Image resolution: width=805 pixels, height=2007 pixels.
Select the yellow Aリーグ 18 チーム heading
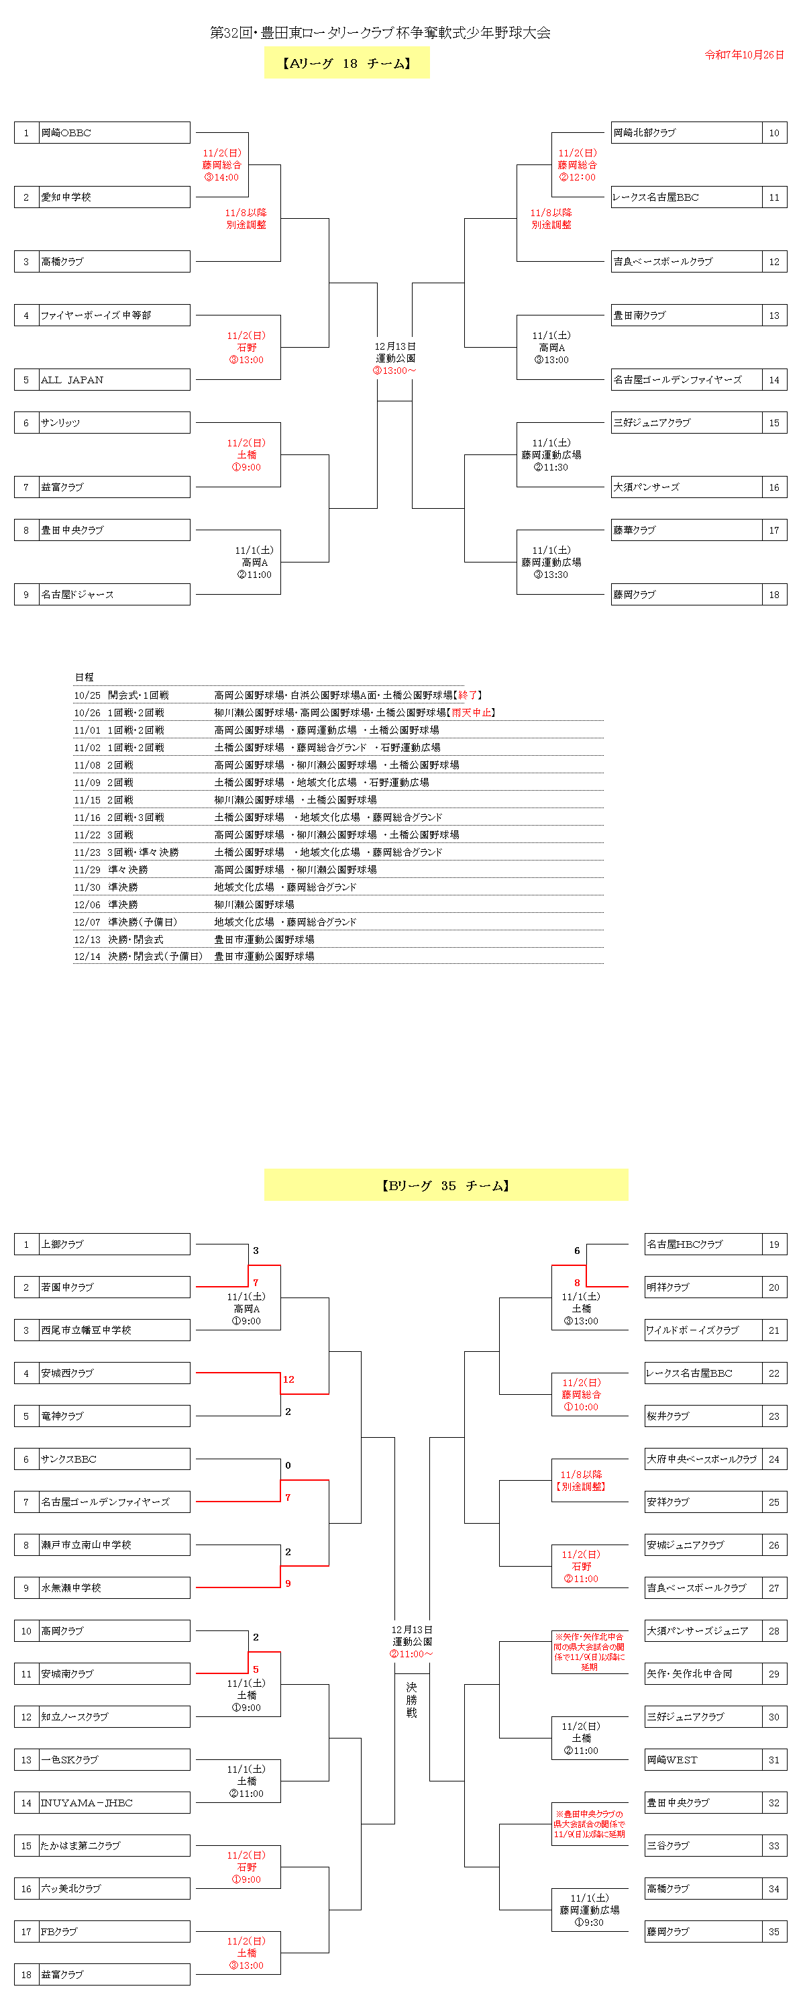coord(346,63)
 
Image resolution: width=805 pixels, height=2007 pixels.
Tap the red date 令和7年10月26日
coord(743,54)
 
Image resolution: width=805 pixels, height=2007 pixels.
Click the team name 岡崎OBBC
coord(66,132)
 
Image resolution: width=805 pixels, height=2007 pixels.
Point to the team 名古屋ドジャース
coord(77,595)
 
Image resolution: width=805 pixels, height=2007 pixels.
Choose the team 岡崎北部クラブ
coord(645,132)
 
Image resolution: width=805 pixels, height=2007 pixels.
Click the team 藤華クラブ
coord(635,530)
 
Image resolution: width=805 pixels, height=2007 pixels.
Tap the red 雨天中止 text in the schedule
coord(472,712)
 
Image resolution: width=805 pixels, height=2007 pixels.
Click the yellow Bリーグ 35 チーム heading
coord(445,1185)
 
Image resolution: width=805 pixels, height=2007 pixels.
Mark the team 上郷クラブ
coord(62,1244)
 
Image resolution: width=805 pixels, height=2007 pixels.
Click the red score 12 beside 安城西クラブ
coord(288,1379)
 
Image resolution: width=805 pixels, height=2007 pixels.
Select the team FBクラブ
coord(59,1931)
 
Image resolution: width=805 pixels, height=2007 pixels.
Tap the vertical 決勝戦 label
coord(411,1700)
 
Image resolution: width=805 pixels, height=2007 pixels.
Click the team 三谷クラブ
coord(668,1846)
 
